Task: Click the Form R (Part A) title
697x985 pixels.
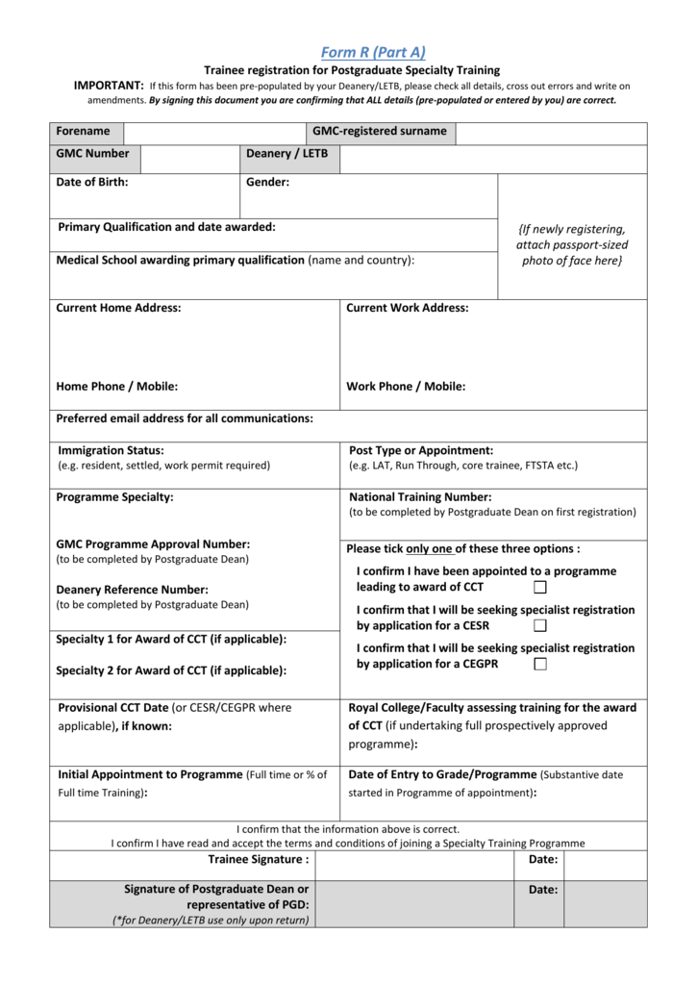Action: pos(373,53)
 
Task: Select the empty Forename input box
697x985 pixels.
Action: pos(214,132)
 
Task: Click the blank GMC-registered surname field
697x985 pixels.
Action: pos(550,132)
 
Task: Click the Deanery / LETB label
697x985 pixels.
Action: pos(286,154)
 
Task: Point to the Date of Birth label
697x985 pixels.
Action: pos(92,182)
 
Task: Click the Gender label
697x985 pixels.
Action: pos(267,182)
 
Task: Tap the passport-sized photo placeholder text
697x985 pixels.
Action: pos(571,245)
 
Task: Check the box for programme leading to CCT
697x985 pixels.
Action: pos(540,588)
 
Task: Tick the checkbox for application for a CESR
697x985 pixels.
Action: pos(540,626)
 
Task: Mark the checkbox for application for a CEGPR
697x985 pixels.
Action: pos(540,665)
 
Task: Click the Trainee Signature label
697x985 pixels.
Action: pos(259,860)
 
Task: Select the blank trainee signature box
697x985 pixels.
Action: pos(415,865)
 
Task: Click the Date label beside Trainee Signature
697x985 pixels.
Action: pos(543,860)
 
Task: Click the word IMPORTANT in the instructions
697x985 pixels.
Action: pos(109,87)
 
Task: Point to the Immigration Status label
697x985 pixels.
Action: pos(111,450)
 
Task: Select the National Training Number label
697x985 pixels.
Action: pos(420,497)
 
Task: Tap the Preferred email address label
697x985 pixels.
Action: pos(185,419)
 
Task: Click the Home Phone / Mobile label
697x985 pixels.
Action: pos(117,387)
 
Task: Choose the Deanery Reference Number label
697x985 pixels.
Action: pos(133,590)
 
